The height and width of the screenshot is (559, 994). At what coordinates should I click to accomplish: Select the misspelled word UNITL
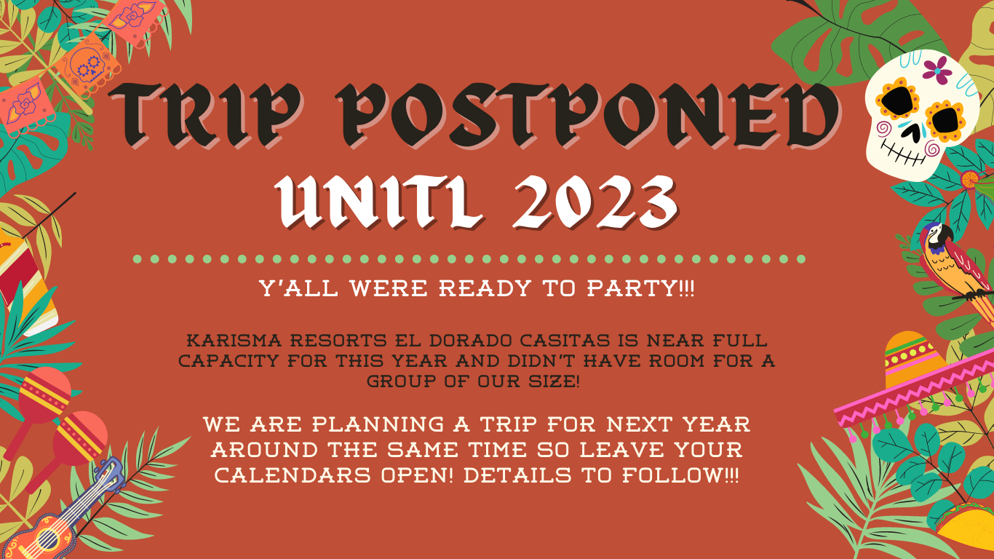pyautogui.click(x=380, y=202)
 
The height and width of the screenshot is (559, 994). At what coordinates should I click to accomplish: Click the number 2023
pyautogui.click(x=595, y=202)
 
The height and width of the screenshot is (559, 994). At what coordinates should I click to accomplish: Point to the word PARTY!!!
pyautogui.click(x=640, y=288)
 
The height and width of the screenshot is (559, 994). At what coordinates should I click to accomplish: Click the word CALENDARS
pyautogui.click(x=293, y=475)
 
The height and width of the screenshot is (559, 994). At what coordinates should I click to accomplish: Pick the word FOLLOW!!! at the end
pyautogui.click(x=680, y=475)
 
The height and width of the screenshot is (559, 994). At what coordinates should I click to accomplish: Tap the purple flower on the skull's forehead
pyautogui.click(x=937, y=71)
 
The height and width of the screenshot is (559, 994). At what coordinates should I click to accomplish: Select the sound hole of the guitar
pyautogui.click(x=48, y=539)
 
